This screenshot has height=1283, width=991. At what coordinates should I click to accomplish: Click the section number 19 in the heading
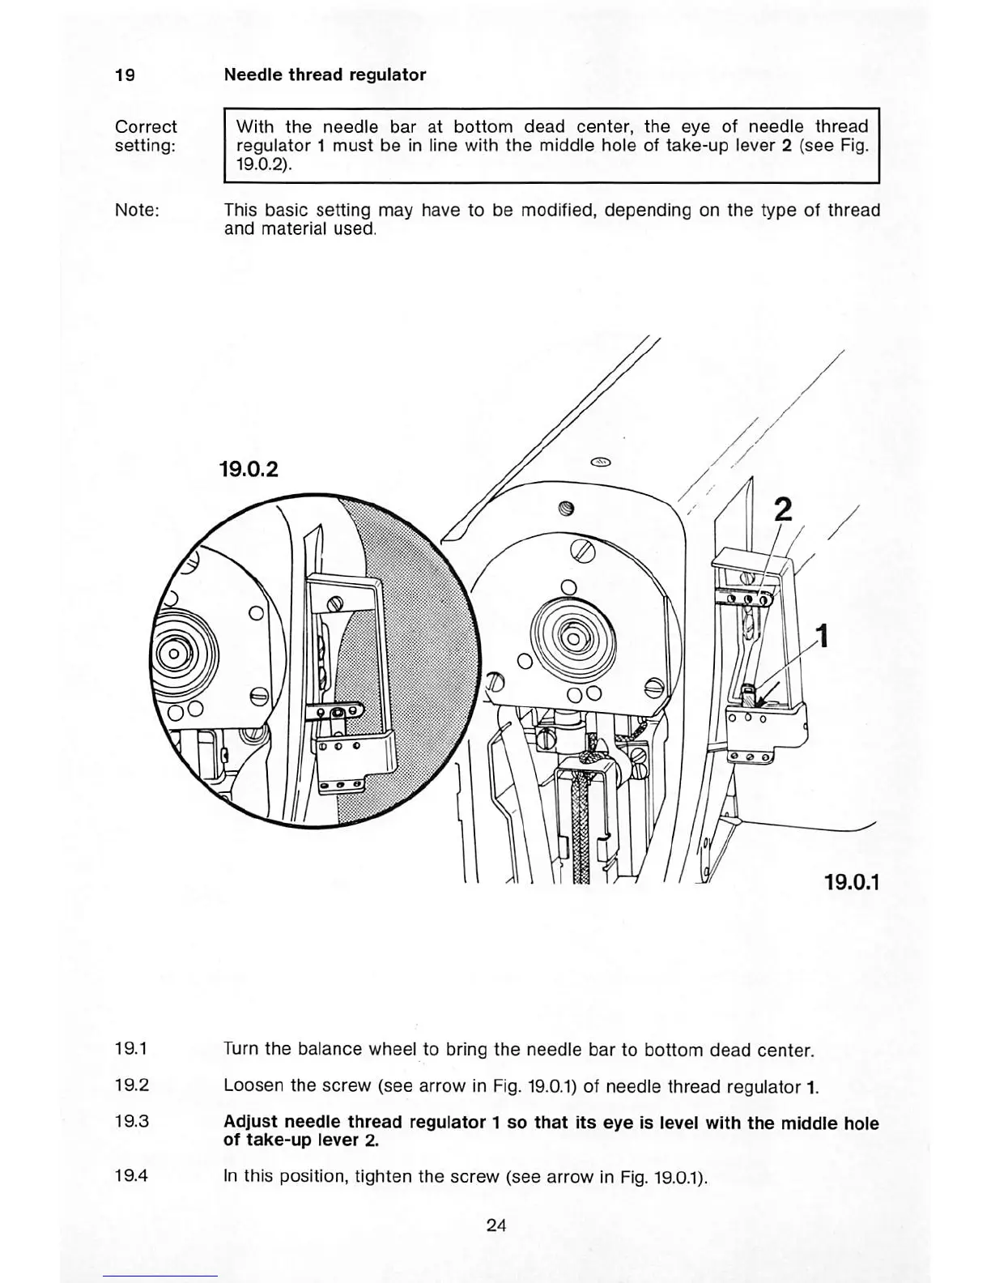(x=125, y=75)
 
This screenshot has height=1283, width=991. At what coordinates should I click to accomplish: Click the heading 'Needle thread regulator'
(x=325, y=75)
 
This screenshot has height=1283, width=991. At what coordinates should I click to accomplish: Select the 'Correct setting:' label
(x=146, y=136)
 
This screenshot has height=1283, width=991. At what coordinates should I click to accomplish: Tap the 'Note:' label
(x=137, y=211)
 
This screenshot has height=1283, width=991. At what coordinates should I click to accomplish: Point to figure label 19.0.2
(x=249, y=468)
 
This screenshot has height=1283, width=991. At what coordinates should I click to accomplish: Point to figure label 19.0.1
(x=851, y=880)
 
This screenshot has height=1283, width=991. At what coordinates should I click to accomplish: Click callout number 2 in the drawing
(x=782, y=509)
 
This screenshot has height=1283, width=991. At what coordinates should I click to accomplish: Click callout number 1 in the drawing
(x=823, y=636)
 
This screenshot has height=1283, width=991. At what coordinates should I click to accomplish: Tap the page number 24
(x=495, y=1225)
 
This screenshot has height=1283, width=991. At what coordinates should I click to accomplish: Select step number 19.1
(x=131, y=1050)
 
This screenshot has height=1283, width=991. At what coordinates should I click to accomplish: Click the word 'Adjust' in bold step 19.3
(x=251, y=1123)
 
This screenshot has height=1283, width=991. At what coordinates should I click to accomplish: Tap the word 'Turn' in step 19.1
(x=241, y=1051)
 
